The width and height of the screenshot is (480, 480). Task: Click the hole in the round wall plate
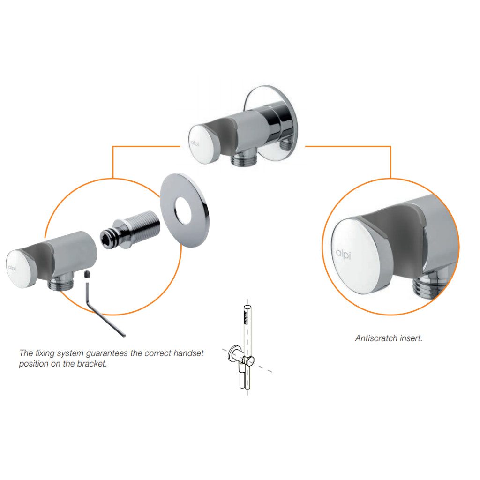tap(184, 210)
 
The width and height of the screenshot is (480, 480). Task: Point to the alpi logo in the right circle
tap(343, 254)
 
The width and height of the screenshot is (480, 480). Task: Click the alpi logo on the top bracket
tap(195, 143)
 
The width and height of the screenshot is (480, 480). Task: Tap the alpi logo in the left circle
tap(12, 268)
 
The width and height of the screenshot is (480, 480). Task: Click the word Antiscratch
tap(376, 338)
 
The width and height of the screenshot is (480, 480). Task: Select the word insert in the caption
tap(412, 338)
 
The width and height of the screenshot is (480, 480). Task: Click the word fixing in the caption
tap(45, 353)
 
